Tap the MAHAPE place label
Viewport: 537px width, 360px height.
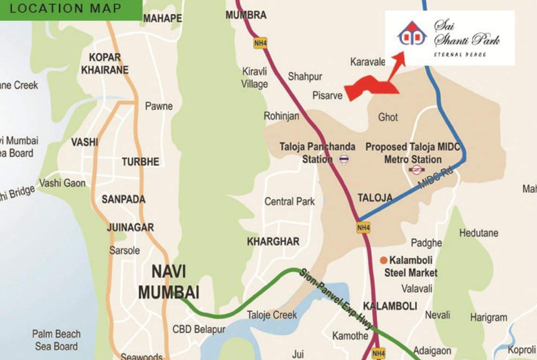(x=162, y=18)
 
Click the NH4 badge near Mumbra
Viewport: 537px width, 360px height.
(x=260, y=43)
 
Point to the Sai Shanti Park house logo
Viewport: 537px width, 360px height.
(x=412, y=34)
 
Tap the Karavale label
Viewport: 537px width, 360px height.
(x=367, y=62)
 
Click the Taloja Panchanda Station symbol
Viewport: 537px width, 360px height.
(x=344, y=159)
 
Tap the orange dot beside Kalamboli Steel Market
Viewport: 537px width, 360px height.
(x=383, y=260)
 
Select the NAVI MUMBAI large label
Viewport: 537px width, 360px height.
(x=169, y=282)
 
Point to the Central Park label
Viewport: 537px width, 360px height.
(x=290, y=202)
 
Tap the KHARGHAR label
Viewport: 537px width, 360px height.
(x=273, y=242)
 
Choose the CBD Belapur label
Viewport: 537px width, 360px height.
(x=199, y=329)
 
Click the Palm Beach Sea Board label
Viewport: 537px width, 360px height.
(x=56, y=340)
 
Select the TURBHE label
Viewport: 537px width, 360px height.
(x=140, y=162)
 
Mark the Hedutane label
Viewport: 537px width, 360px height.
(x=478, y=233)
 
